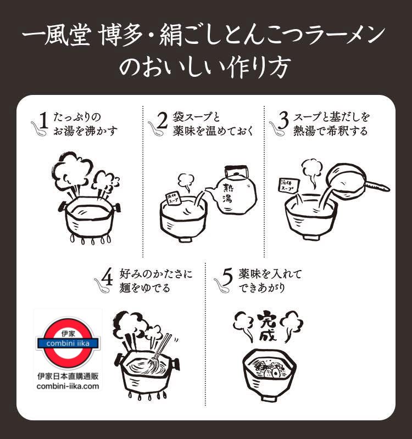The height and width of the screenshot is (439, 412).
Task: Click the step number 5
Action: click(x=229, y=278)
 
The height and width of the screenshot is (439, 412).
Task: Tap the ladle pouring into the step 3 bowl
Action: click(x=352, y=179)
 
